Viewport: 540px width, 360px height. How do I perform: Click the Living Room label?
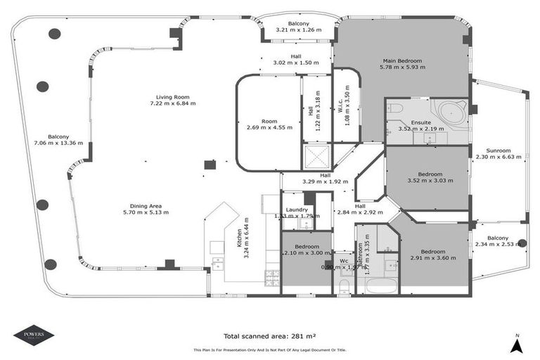click(172, 97)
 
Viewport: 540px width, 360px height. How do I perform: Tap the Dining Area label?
click(146, 205)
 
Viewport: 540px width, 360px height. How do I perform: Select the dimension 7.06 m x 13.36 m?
click(58, 143)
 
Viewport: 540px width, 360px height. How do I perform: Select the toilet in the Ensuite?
click(395, 108)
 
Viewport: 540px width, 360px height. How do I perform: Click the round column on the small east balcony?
click(522, 243)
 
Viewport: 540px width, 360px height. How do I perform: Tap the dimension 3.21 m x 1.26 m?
click(299, 30)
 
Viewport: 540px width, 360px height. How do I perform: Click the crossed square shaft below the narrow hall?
click(315, 155)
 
